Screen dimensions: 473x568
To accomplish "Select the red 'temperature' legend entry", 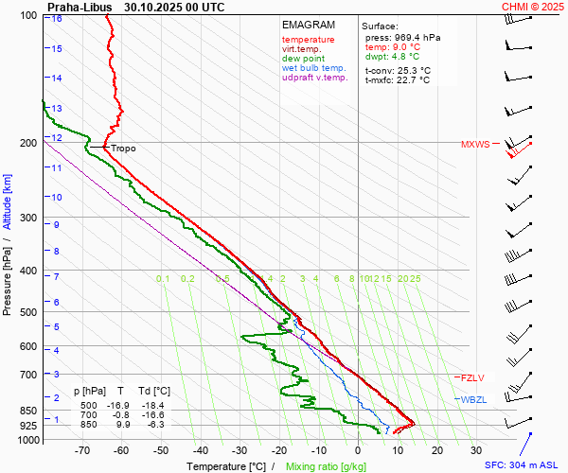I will [x=308, y=40].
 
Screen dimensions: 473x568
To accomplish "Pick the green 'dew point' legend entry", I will [x=303, y=59].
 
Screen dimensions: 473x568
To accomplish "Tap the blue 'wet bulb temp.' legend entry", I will [x=313, y=68].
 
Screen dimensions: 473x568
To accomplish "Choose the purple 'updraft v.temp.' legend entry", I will [x=314, y=78].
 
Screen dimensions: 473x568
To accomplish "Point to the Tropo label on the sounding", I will [x=123, y=149].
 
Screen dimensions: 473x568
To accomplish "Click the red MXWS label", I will [x=475, y=145].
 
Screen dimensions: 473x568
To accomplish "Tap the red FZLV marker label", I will [x=472, y=377].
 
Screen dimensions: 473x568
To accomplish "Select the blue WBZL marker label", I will [x=473, y=400].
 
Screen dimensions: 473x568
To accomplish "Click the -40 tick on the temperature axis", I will [x=200, y=450].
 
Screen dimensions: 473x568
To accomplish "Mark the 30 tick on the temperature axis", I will [x=476, y=450].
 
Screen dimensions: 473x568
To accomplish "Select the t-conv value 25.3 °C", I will [x=413, y=70].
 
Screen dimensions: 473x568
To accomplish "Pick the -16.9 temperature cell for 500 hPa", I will [x=121, y=405].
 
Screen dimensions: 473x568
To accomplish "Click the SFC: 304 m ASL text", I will [x=524, y=465].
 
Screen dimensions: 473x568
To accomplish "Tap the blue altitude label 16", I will [x=58, y=19].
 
